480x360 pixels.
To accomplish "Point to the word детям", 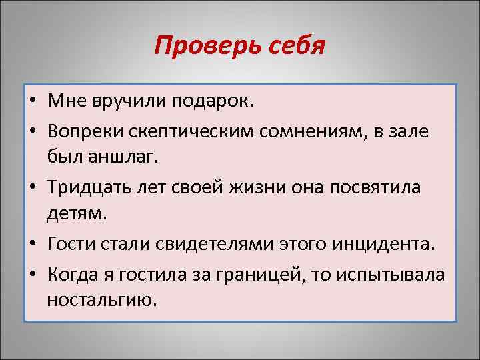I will point(73,215).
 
